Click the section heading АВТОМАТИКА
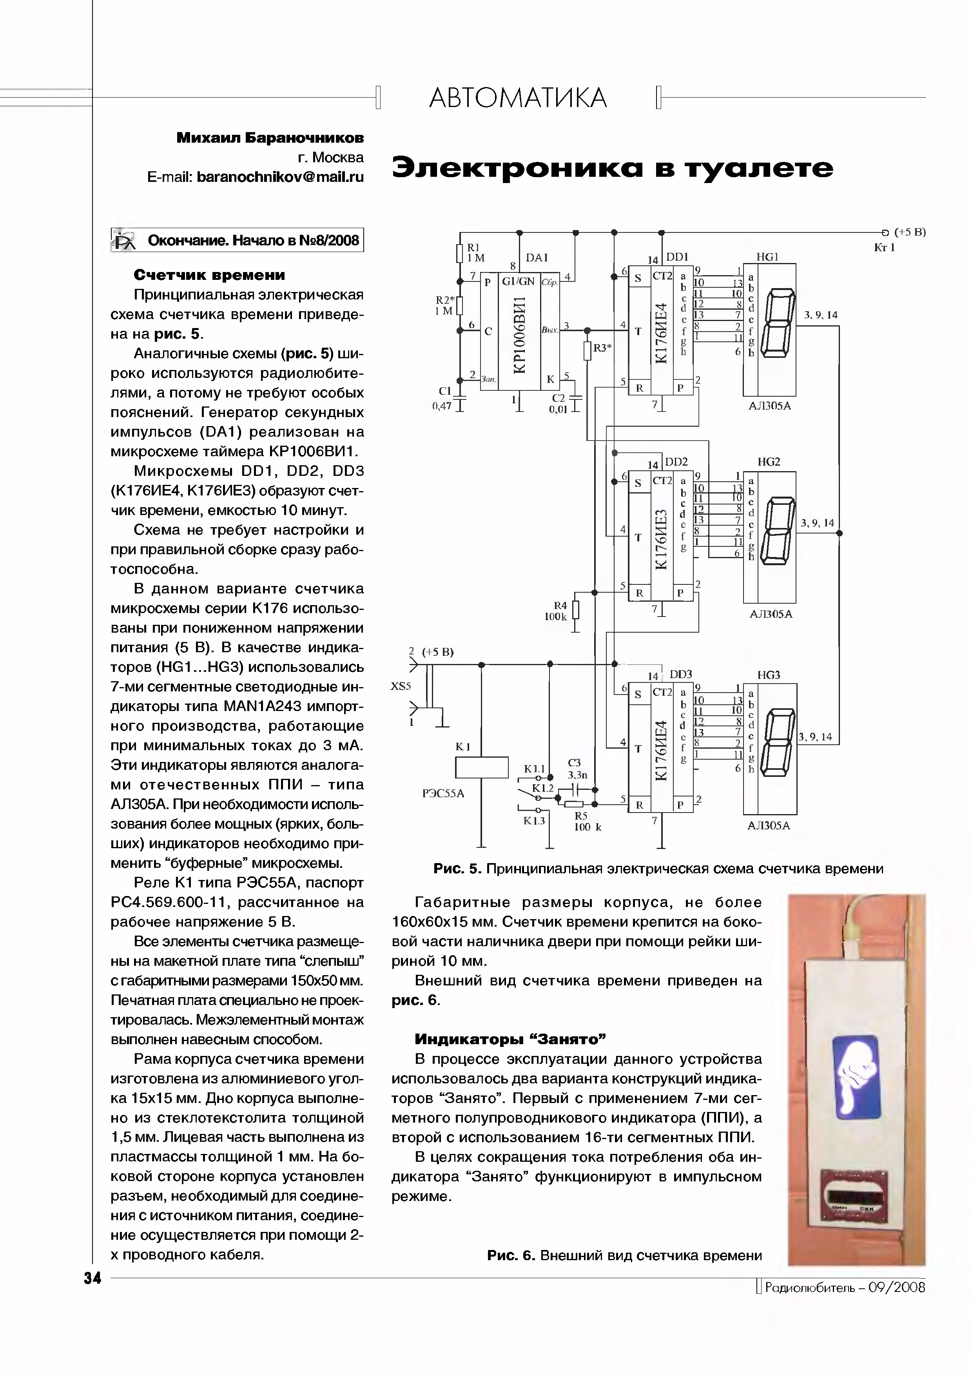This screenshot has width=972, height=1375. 518,98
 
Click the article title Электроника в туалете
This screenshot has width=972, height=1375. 612,168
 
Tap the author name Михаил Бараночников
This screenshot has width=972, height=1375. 270,138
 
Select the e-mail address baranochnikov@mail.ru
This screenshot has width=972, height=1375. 280,177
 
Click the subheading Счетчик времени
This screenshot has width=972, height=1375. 209,275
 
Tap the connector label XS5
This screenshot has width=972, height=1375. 401,686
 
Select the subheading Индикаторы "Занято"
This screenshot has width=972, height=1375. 510,1038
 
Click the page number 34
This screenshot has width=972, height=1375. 93,1278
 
